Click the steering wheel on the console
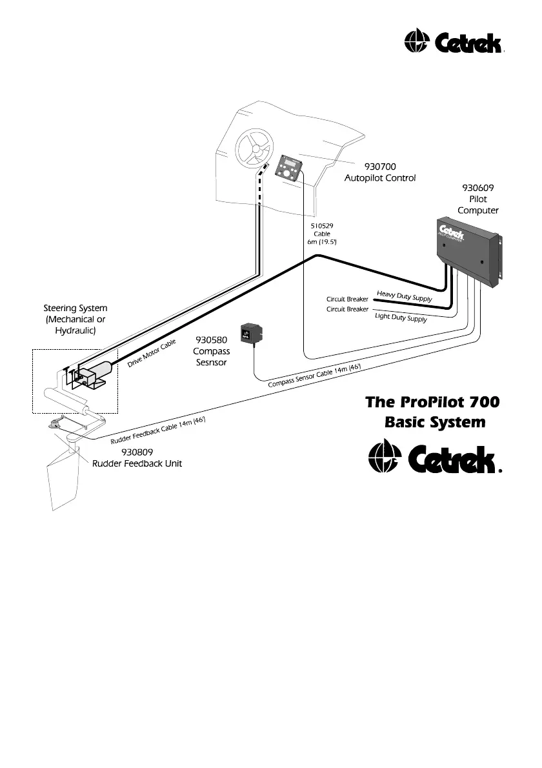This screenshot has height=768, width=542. click(x=254, y=148)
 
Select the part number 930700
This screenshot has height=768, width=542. click(x=380, y=166)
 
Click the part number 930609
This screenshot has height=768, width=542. click(x=478, y=188)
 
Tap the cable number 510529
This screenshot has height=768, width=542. click(x=321, y=226)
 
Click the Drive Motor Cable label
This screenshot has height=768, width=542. click(x=152, y=354)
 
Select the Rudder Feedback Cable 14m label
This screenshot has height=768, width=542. click(x=157, y=430)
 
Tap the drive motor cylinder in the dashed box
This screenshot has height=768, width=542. click(x=98, y=372)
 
